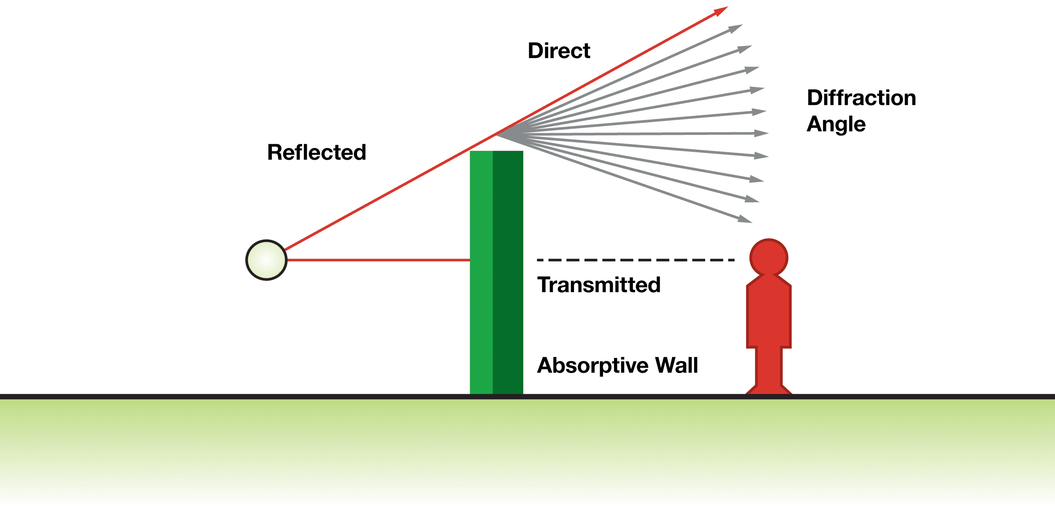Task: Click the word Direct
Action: pyautogui.click(x=559, y=51)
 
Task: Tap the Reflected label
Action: pyautogui.click(x=316, y=152)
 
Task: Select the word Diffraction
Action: pyautogui.click(x=861, y=98)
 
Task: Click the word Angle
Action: pyautogui.click(x=836, y=124)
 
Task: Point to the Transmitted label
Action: pyautogui.click(x=598, y=285)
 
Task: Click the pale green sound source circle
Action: pyautogui.click(x=266, y=260)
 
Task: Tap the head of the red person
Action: pyautogui.click(x=768, y=258)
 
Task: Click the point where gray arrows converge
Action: pyautogui.click(x=498, y=134)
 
